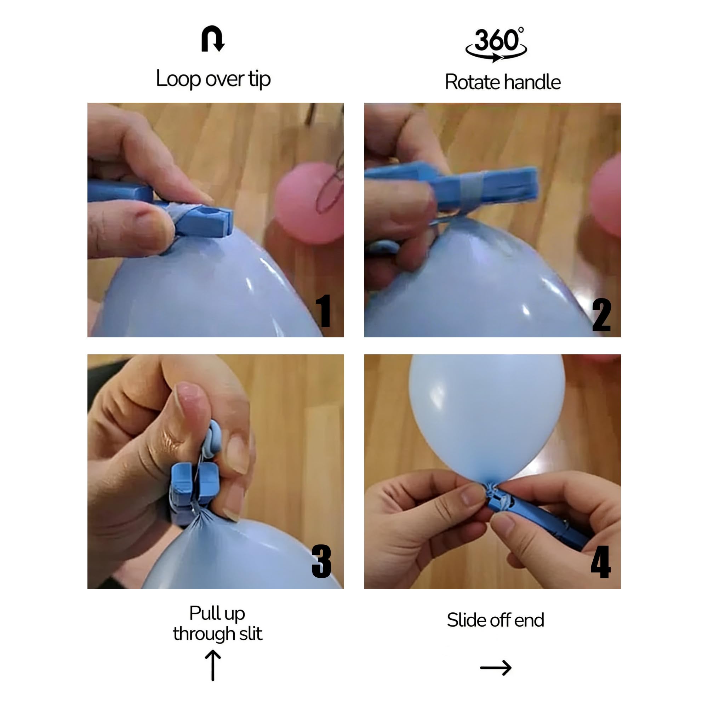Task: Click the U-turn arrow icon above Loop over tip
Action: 212,39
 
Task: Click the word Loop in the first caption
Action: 178,79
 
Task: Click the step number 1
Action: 323,310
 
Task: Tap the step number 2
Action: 601,314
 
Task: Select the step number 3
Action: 321,561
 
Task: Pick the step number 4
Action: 601,561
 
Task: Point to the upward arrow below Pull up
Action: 213,666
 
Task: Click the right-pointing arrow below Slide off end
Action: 496,668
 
